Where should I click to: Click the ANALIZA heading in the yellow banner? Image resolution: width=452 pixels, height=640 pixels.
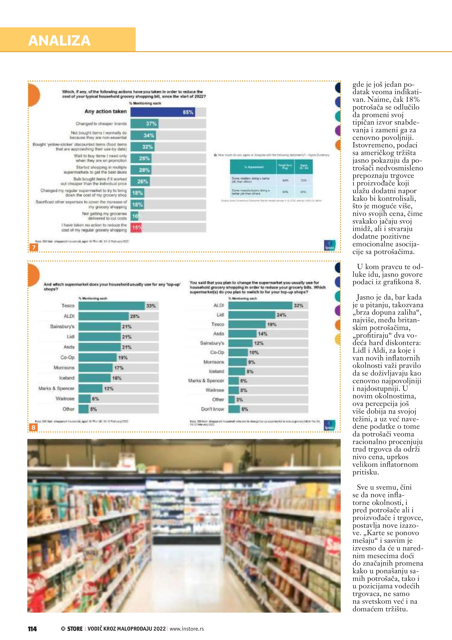tap(59, 41)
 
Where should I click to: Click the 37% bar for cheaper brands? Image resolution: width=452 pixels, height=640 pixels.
tap(144, 123)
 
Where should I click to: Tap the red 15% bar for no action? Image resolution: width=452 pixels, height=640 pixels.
tap(136, 228)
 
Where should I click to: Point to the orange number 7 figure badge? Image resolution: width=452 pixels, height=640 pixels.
tap(34, 247)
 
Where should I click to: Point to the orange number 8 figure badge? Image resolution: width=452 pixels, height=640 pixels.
tap(33, 427)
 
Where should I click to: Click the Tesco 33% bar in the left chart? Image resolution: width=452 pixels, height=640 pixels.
tap(111, 306)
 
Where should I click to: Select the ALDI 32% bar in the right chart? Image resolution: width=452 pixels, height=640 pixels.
tap(260, 305)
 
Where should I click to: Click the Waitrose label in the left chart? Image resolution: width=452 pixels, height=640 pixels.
tap(65, 399)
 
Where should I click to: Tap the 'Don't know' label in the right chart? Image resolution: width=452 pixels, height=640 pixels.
tap(212, 409)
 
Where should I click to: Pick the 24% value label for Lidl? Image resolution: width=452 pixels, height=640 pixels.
tap(281, 315)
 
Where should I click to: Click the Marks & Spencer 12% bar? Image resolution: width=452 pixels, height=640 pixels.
tap(91, 388)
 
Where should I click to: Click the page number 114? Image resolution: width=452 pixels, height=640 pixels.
tap(32, 629)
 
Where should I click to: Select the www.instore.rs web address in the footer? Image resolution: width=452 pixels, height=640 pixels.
tap(187, 629)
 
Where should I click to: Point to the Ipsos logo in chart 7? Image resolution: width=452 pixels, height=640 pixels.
tap(330, 245)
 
